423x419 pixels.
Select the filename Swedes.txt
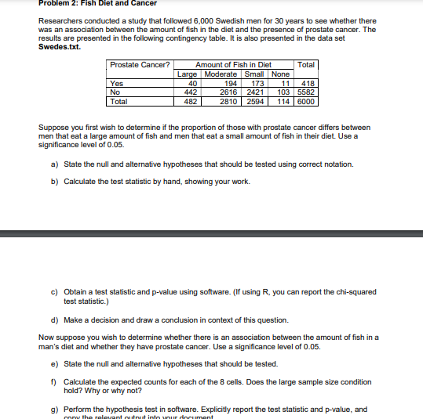(x=59, y=47)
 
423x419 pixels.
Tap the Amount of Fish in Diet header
(x=233, y=64)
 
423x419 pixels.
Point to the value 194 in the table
(x=231, y=82)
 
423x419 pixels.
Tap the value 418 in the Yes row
(x=308, y=82)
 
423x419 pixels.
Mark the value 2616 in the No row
(x=228, y=92)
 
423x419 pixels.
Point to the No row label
(x=115, y=92)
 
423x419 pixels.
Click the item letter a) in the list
(x=53, y=164)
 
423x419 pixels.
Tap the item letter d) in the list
(x=53, y=320)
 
